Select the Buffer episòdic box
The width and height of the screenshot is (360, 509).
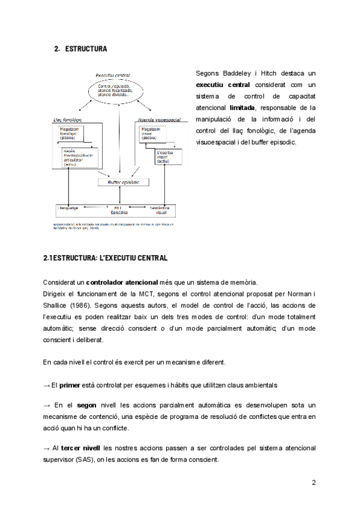click(123, 182)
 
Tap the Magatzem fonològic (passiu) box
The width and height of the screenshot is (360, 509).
click(76, 133)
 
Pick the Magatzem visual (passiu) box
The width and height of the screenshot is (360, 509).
click(154, 133)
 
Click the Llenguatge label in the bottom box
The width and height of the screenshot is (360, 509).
click(70, 208)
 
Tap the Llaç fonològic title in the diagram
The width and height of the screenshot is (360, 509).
click(67, 119)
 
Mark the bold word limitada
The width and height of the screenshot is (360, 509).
click(242, 107)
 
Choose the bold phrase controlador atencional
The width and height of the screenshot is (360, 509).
click(122, 282)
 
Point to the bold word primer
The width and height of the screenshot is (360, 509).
click(70, 384)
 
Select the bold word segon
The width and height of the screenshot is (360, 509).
click(87, 406)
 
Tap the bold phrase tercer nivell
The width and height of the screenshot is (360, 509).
click(80, 448)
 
